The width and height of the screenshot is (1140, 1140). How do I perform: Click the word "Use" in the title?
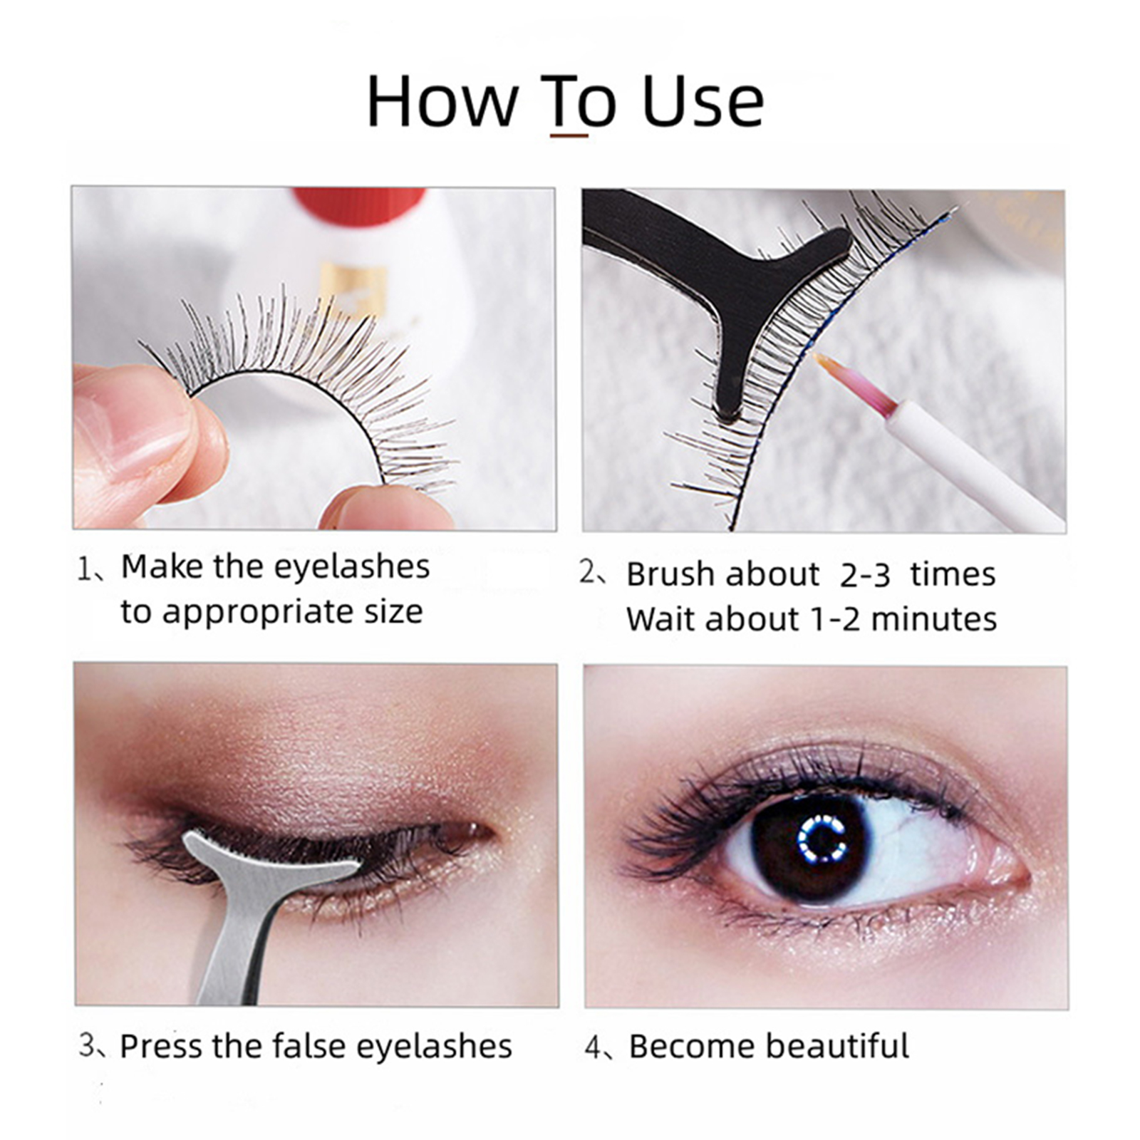(703, 101)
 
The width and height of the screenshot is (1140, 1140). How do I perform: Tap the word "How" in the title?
(442, 101)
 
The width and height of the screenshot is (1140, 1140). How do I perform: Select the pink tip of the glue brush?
(854, 384)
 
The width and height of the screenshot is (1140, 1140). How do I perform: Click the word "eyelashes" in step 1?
(352, 567)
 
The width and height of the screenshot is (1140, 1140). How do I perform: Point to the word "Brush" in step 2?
(670, 574)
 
